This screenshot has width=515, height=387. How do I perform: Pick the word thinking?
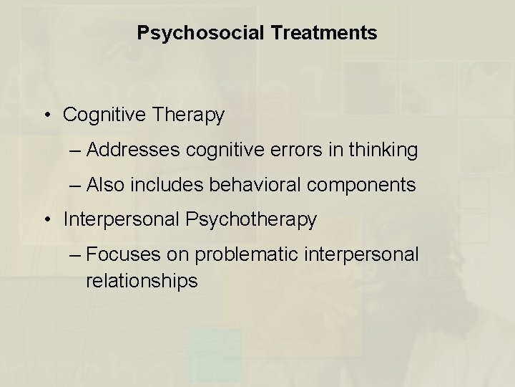pyautogui.click(x=383, y=150)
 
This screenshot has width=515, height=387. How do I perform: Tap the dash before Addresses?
pyautogui.click(x=76, y=150)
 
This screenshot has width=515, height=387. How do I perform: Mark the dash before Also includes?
pyautogui.click(x=76, y=185)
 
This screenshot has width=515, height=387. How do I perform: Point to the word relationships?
pyautogui.click(x=142, y=282)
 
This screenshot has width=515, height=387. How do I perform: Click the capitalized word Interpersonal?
pyautogui.click(x=122, y=220)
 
